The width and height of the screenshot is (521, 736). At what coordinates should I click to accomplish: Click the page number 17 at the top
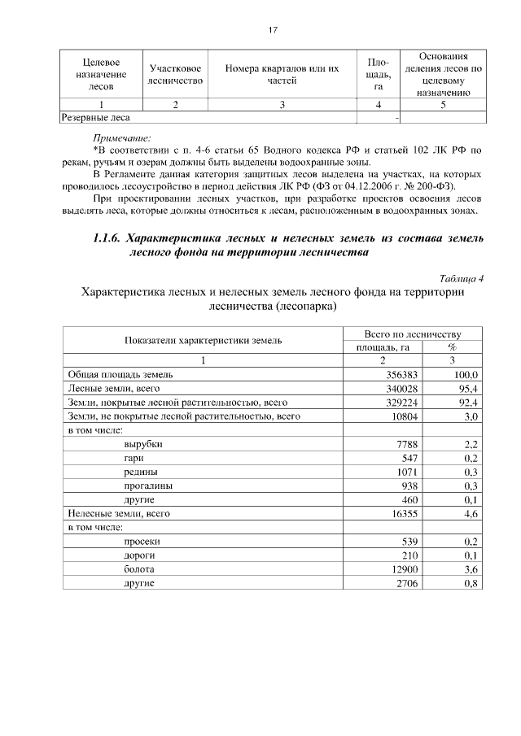point(274,30)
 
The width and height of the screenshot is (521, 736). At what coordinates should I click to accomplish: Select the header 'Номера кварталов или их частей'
point(282,74)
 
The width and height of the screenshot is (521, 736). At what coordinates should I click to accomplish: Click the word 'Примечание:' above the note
point(122,137)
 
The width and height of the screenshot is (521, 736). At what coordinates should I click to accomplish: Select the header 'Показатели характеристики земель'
point(204,340)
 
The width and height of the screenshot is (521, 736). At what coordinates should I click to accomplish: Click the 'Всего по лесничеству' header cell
point(414,333)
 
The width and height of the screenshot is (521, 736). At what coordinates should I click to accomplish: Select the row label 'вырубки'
point(142,444)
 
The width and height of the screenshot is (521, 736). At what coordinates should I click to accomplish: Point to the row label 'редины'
point(141,472)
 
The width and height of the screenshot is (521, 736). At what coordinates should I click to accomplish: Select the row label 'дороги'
point(141,555)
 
